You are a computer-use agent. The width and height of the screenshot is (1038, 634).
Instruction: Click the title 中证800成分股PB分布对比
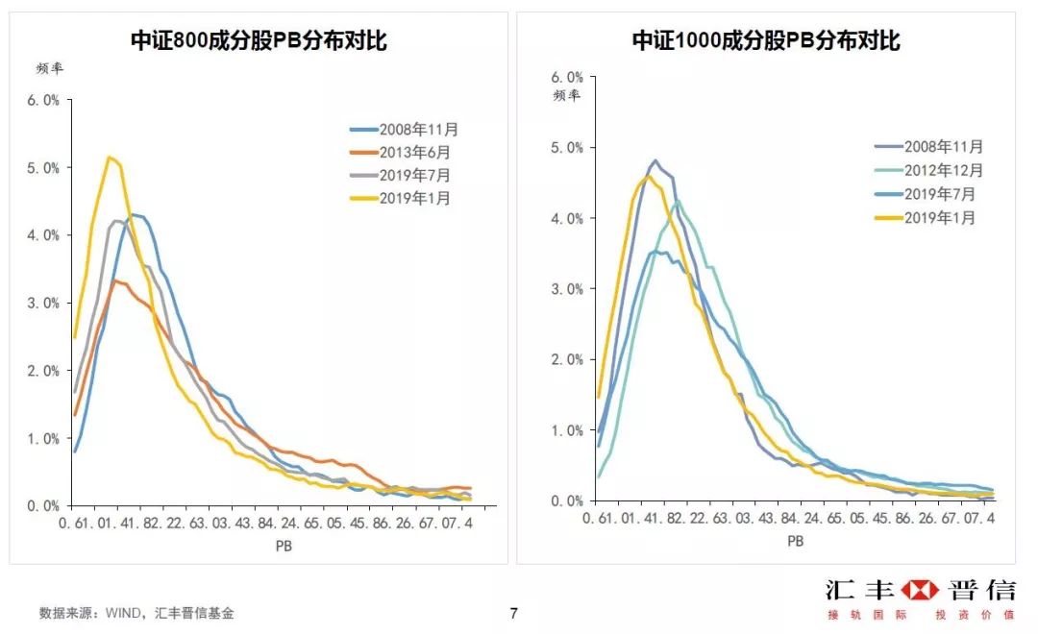pyautogui.click(x=259, y=40)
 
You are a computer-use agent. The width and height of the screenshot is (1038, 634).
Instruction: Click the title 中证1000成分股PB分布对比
pyautogui.click(x=765, y=40)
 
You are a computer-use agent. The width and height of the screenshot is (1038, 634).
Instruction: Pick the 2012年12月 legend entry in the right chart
pyautogui.click(x=943, y=170)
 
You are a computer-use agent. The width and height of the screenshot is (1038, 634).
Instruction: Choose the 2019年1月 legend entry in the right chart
pyautogui.click(x=938, y=218)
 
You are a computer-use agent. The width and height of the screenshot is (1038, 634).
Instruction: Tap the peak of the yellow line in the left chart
pyautogui.click(x=110, y=157)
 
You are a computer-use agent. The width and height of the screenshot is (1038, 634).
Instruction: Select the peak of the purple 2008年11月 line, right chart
pyautogui.click(x=655, y=160)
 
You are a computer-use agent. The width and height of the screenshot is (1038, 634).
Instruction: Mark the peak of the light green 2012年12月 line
pyautogui.click(x=678, y=201)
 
